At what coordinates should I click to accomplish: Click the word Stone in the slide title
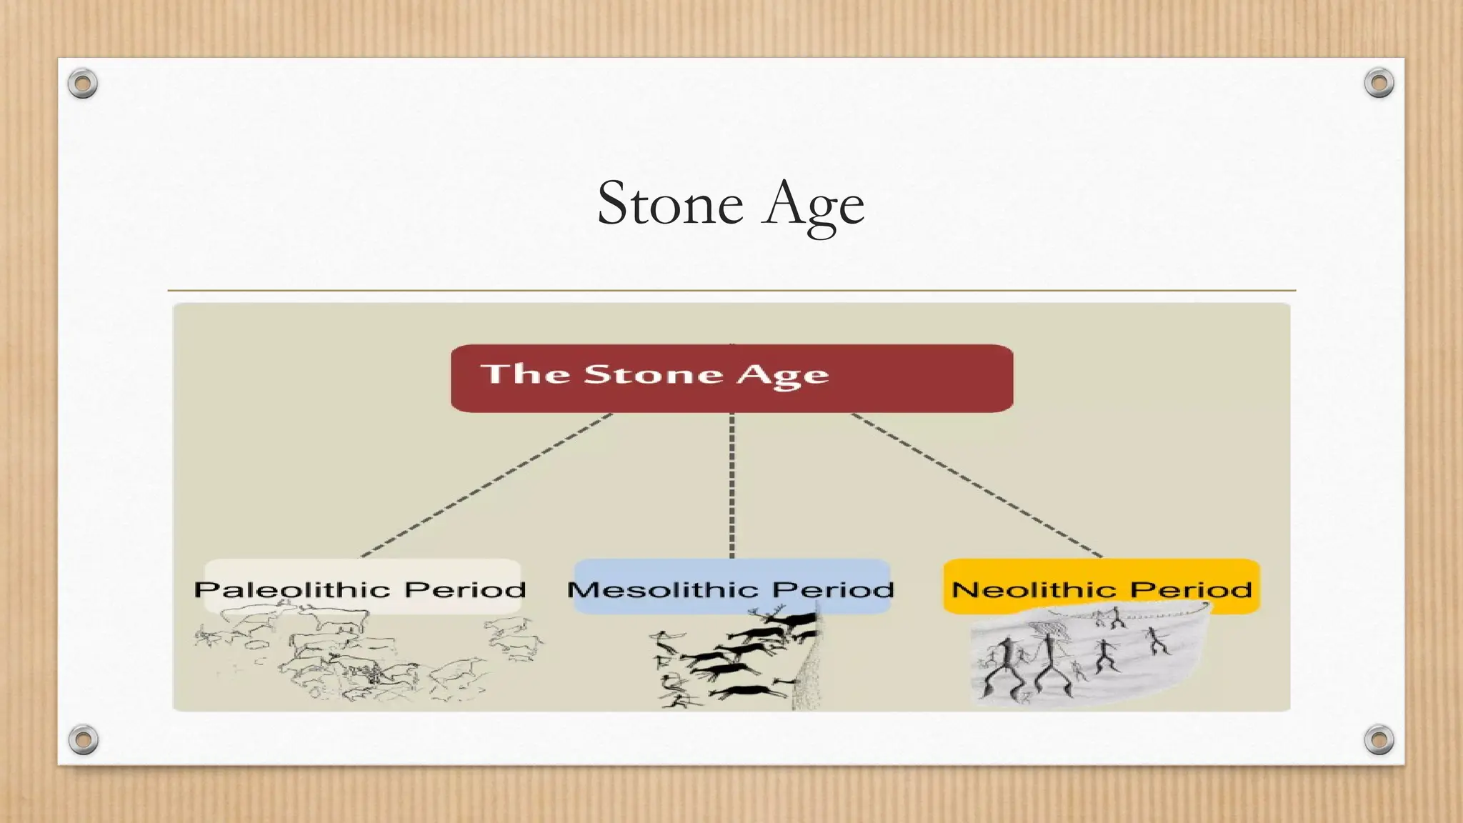coord(670,204)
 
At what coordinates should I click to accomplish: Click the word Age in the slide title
coord(812,206)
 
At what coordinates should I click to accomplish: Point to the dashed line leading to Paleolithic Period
coord(486,486)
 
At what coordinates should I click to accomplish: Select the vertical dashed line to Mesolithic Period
coord(731,486)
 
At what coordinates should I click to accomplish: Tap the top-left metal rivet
coord(82,84)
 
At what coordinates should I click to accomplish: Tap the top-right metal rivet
coord(1379,83)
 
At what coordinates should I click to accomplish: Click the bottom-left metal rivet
coord(83,739)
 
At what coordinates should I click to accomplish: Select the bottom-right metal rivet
coord(1379,739)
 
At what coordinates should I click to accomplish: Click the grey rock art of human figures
coord(1086,657)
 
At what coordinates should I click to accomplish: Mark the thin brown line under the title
coord(731,291)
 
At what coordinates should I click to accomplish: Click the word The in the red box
coord(524,374)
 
